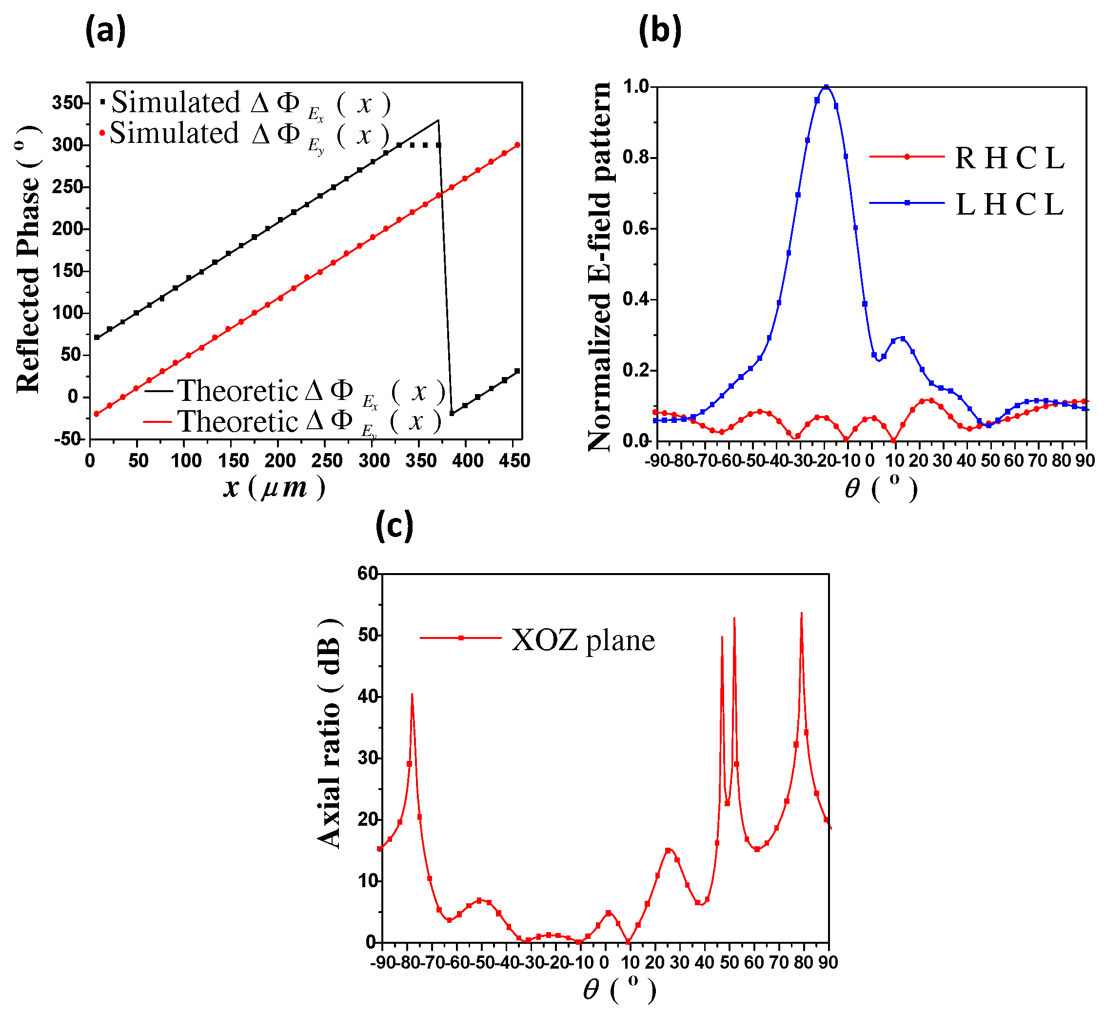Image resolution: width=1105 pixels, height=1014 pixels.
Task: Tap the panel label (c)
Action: [394, 526]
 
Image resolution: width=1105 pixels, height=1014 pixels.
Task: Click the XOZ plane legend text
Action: [583, 640]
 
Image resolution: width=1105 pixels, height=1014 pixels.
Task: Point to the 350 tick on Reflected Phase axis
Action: [67, 102]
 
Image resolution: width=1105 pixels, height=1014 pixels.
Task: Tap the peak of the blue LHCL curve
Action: [826, 87]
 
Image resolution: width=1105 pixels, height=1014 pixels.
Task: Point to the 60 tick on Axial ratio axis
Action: [367, 574]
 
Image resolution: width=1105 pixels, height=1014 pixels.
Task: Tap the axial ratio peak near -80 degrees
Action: [412, 694]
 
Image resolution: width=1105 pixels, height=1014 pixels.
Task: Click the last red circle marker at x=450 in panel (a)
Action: [517, 145]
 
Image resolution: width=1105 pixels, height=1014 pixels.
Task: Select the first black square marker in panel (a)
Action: [97, 337]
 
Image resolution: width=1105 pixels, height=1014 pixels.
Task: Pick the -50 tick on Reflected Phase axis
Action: [67, 439]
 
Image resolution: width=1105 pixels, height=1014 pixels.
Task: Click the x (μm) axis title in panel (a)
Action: [274, 487]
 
